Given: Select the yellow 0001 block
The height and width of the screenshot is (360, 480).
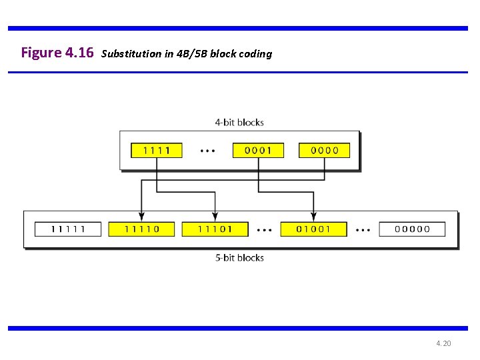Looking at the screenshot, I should [258, 150].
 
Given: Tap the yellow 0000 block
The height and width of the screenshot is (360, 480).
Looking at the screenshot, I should [325, 150].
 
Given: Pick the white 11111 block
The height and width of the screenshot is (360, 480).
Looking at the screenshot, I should [68, 229].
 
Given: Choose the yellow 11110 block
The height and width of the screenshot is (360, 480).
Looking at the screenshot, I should [141, 229].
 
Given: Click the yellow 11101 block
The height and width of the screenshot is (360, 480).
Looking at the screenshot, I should [215, 229].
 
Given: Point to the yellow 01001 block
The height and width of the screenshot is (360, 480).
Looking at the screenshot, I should [314, 229].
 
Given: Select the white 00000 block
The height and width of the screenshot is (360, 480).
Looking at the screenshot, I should [413, 229].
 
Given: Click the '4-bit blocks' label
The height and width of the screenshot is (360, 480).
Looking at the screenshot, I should [239, 122].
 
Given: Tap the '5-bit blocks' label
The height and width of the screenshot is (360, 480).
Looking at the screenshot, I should [239, 257].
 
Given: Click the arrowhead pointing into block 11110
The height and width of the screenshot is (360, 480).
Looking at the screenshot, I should [141, 216].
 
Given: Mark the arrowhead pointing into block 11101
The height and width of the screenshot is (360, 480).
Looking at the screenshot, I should [215, 216].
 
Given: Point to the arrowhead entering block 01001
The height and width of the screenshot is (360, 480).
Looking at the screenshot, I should [314, 216].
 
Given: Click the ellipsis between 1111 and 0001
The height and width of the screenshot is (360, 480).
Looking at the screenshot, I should [208, 151].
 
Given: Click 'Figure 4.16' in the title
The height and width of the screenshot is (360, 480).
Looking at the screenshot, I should [57, 52].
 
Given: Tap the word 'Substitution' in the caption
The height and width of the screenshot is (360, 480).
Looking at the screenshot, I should [131, 53].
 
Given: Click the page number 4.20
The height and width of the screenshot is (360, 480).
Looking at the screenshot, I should [443, 343].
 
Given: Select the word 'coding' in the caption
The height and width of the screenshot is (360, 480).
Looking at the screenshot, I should [255, 54].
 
